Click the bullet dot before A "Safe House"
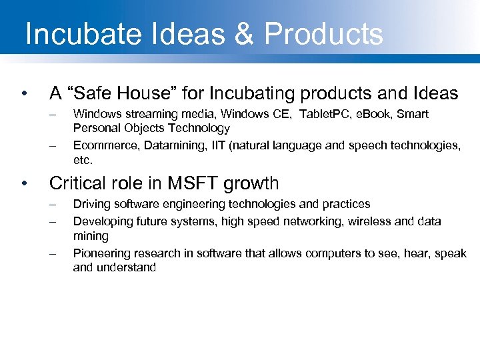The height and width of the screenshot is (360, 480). click(x=24, y=93)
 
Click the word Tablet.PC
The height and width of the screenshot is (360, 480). click(x=329, y=114)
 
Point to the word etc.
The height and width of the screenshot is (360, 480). click(x=83, y=160)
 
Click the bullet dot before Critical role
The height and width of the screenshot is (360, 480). click(x=24, y=183)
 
